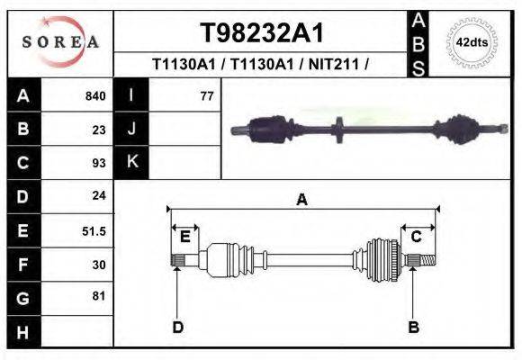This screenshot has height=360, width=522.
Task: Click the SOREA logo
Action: [60, 42]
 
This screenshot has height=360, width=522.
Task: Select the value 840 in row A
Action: [95, 95]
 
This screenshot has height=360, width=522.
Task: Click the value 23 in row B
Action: [99, 130]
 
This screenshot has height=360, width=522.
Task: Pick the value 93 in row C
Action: [99, 163]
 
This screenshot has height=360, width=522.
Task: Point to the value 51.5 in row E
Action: [94, 231]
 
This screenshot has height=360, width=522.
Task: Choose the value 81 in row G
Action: [99, 296]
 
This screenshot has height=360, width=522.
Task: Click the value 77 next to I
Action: [206, 95]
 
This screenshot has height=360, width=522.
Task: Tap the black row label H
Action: [23, 331]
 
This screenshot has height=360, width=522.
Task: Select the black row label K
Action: [131, 162]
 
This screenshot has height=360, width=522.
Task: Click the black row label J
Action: [131, 129]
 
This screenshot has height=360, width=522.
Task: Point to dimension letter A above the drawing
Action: [302, 200]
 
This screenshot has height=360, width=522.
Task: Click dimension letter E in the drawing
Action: [184, 237]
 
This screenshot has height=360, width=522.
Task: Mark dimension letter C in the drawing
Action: [417, 237]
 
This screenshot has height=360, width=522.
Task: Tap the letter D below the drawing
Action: [177, 327]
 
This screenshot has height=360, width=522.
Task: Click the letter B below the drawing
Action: [413, 327]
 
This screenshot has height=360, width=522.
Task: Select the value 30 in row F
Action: [99, 264]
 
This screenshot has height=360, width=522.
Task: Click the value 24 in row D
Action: [99, 195]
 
